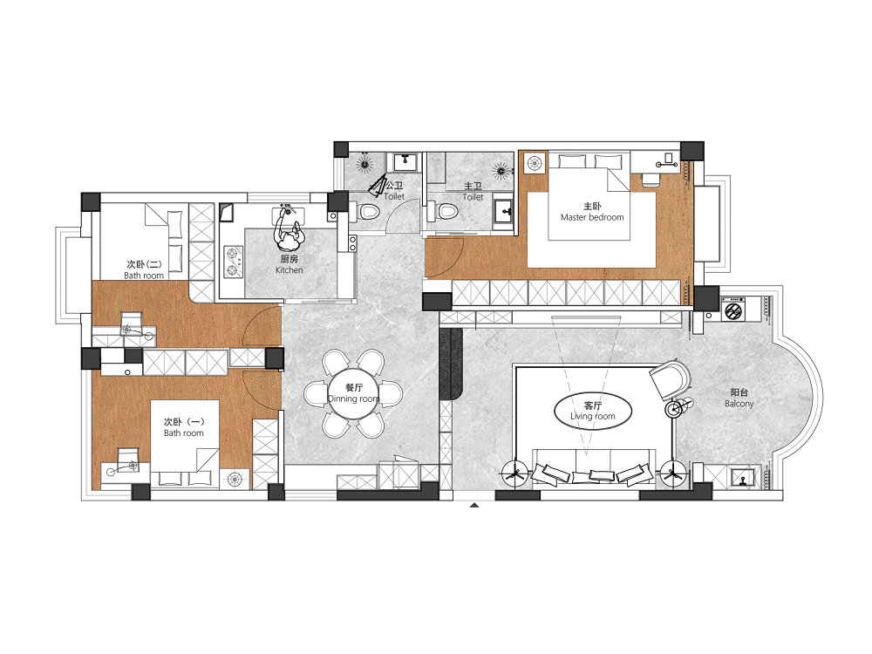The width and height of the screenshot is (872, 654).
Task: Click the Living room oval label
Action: (593, 412)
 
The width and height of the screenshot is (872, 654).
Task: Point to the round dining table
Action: (353, 393)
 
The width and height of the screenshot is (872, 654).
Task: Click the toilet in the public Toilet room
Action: (368, 211)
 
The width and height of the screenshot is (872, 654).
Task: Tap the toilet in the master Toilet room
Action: (443, 211)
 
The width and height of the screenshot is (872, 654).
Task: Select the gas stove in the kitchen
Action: (233, 262)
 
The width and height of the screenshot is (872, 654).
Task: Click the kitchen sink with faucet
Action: (288, 212)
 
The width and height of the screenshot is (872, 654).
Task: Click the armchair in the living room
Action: (670, 378)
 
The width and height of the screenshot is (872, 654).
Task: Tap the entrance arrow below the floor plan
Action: (473, 505)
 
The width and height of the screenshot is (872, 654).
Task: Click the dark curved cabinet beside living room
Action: (451, 364)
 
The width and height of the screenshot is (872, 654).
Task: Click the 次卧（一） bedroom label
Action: (183, 427)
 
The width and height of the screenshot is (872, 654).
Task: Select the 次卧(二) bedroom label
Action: (144, 269)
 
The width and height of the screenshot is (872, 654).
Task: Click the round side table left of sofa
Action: (514, 474)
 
